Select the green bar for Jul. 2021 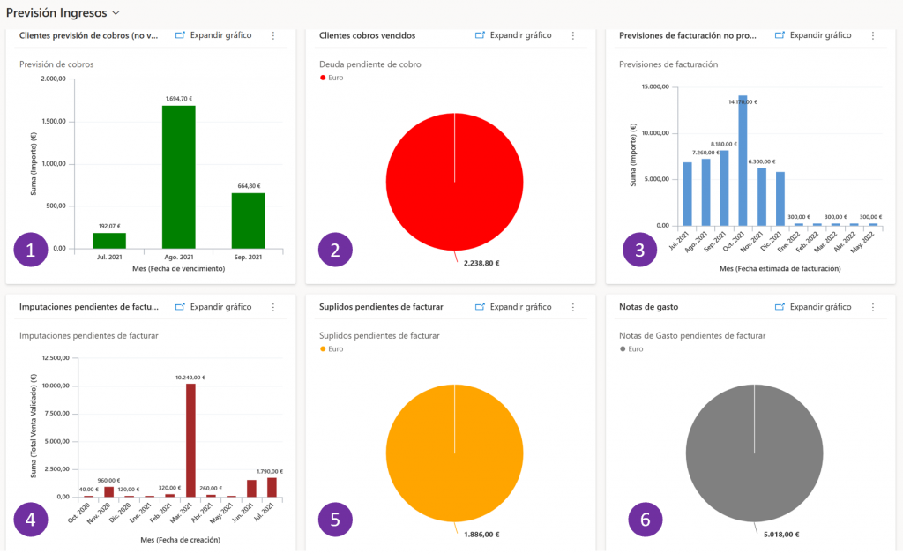click(x=109, y=240)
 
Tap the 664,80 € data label click(x=248, y=186)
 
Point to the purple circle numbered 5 click(x=334, y=520)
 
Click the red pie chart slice click(x=454, y=181)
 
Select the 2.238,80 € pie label click(x=481, y=263)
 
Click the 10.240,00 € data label click(x=190, y=378)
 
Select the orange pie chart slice click(x=454, y=453)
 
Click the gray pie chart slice click(x=754, y=453)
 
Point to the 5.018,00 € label click(x=780, y=535)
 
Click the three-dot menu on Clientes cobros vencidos click(x=573, y=35)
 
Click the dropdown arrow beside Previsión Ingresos click(x=116, y=13)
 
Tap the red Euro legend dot click(x=323, y=78)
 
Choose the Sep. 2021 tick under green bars click(x=248, y=257)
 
